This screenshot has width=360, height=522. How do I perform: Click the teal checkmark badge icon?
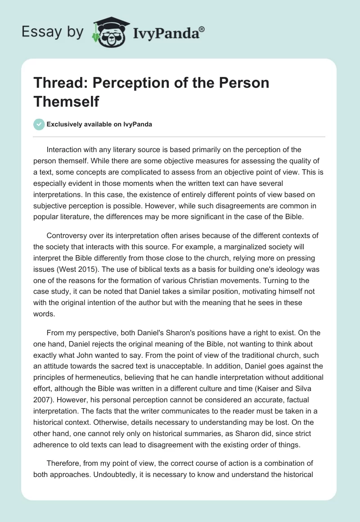40,124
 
